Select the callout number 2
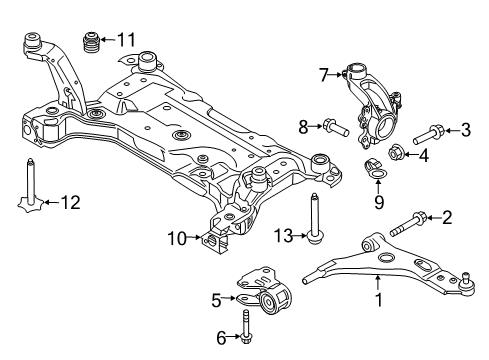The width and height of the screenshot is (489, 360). point(448,216)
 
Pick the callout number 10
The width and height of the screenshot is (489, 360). point(176,238)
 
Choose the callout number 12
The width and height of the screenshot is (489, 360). point(69,204)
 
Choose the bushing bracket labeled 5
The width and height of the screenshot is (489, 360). point(264,293)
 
